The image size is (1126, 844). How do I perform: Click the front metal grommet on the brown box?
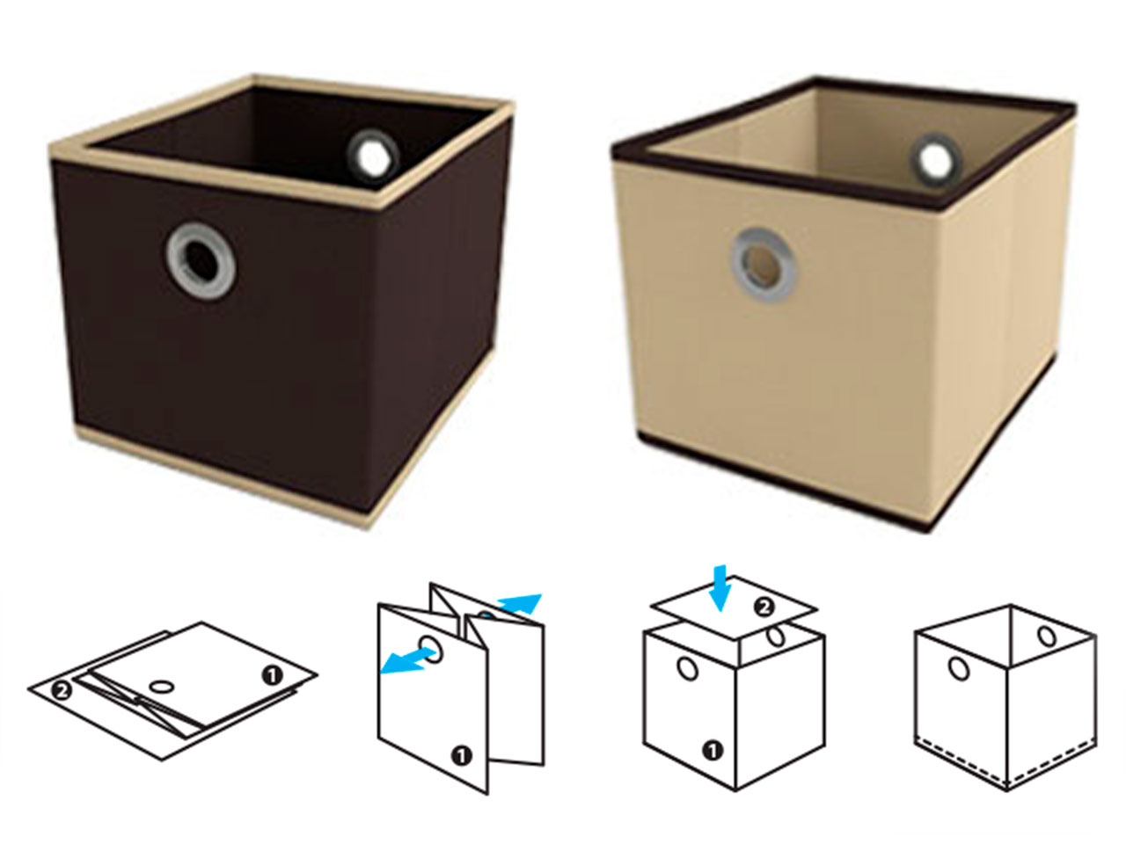pos(201,261)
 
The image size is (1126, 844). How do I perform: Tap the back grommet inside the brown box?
pos(372,156)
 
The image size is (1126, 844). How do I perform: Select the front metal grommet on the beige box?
pos(764,265)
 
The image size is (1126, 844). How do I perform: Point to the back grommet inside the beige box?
pos(936,160)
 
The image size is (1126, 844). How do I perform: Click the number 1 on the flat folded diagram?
pos(272,675)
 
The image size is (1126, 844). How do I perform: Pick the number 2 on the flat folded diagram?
pos(61,691)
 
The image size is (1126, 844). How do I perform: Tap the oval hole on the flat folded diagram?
pos(162,686)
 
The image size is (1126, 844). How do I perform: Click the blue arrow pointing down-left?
pos(408,660)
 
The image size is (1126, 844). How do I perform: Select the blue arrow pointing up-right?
pos(519,603)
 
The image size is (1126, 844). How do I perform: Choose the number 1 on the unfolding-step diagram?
pos(461,756)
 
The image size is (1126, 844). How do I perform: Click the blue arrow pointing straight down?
pos(720,588)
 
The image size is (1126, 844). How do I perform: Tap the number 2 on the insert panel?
pos(764,608)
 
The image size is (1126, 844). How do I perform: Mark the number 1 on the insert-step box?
pos(712,752)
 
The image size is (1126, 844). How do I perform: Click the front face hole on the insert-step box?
pos(687,669)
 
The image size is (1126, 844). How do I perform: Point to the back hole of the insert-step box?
pos(776,636)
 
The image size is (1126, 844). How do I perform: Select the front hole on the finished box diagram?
pos(958,669)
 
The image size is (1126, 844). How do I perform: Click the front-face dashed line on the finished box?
pos(961,766)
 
